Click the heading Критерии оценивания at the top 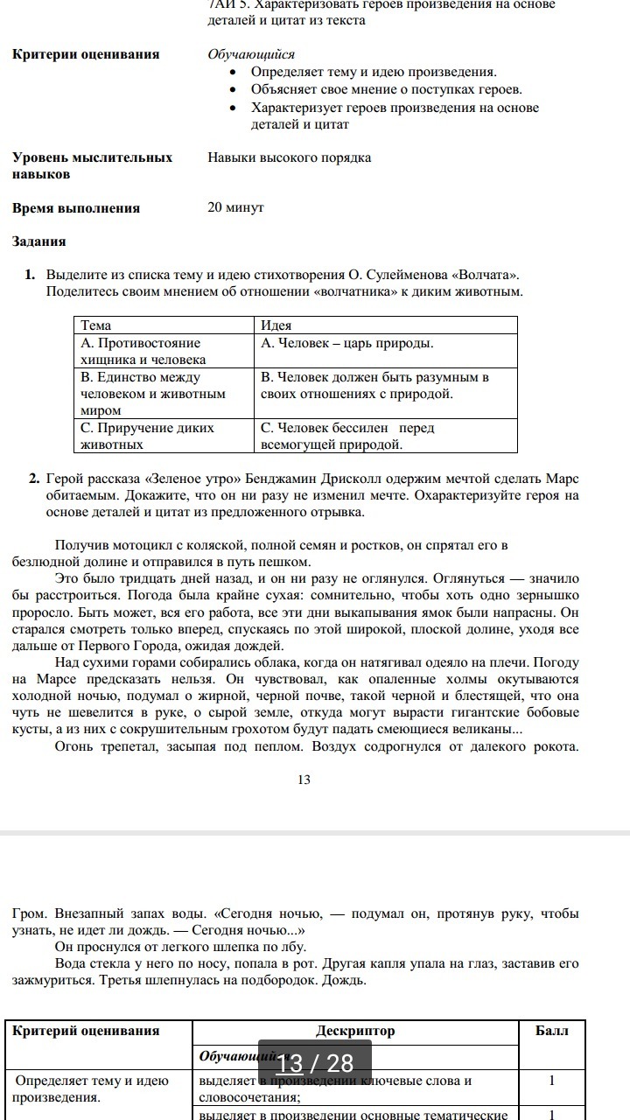tap(86, 54)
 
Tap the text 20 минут tap(235, 207)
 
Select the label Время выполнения tap(76, 208)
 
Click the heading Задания tap(39, 241)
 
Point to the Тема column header tap(96, 325)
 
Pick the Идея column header tap(276, 325)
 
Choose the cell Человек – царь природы tap(347, 343)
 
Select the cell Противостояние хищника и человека tap(140, 351)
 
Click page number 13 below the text tap(304, 780)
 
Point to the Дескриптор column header tap(355, 1031)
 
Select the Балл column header tap(551, 1031)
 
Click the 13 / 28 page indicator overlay tap(314, 1063)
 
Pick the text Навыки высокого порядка tap(290, 157)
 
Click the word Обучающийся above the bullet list tap(251, 54)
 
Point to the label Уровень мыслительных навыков tap(92, 165)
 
